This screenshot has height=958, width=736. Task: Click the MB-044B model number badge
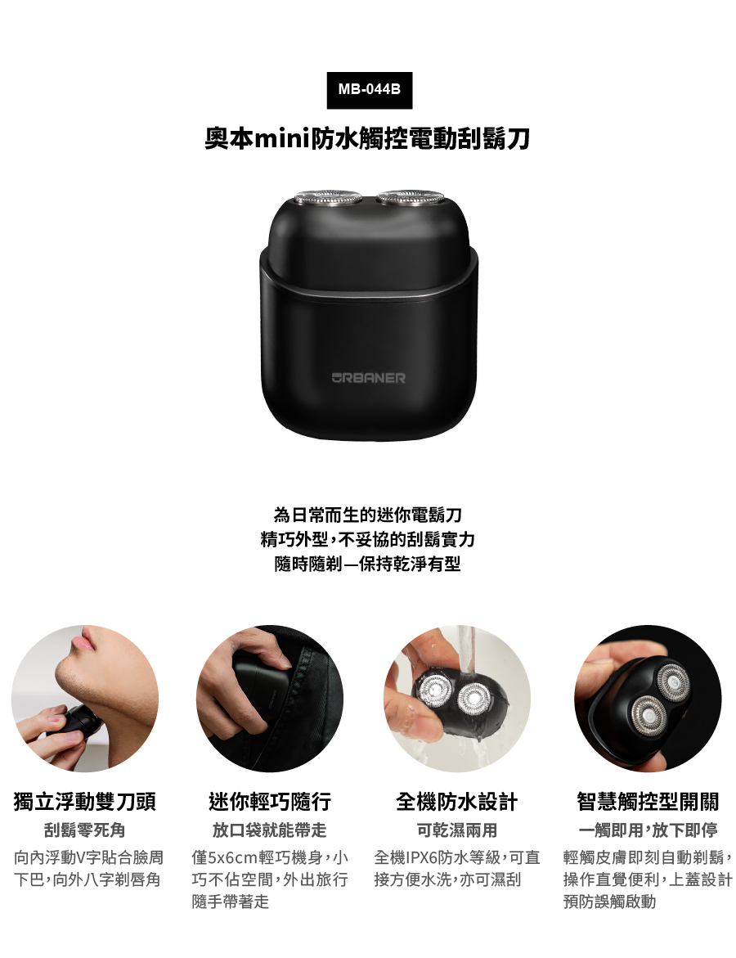tap(369, 90)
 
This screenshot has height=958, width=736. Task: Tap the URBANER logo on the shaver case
tap(368, 378)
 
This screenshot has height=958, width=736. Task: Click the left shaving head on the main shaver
tap(326, 198)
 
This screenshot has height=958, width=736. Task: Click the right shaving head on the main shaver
tap(411, 197)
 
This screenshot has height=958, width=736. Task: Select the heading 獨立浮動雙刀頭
tap(85, 801)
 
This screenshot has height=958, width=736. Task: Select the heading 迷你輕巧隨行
tap(269, 801)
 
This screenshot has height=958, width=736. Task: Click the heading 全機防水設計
tap(457, 801)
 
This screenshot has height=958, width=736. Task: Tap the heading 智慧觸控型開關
tap(648, 801)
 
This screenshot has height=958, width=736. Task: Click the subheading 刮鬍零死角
tap(85, 830)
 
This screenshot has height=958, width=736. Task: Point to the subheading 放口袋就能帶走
tap(269, 830)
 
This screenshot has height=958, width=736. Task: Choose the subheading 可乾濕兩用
tap(457, 830)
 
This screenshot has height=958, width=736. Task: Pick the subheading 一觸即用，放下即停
tap(648, 830)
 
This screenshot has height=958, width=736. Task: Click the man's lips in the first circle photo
tap(82, 643)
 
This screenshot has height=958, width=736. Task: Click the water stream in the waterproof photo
tap(467, 654)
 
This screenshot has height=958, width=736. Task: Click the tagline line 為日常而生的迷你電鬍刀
tap(368, 515)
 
